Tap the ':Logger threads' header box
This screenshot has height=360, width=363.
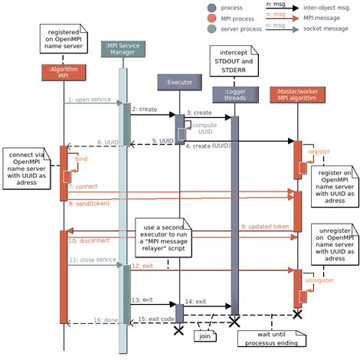(x=236, y=95)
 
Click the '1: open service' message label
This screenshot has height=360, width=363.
(x=90, y=100)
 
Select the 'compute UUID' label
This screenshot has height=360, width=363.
(x=204, y=129)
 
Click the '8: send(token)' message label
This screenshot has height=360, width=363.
(x=87, y=205)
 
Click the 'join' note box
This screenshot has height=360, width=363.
(x=205, y=335)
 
